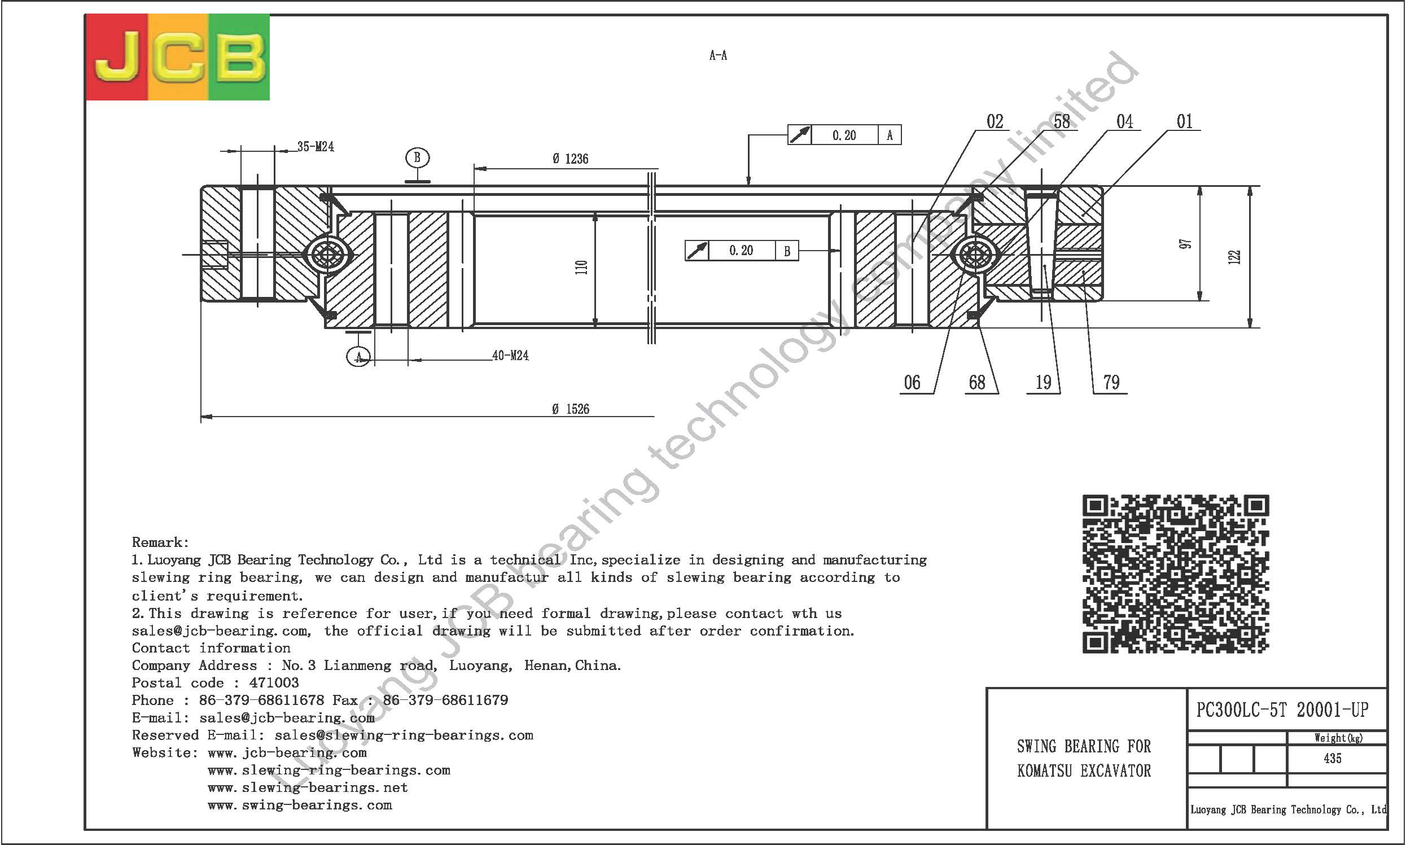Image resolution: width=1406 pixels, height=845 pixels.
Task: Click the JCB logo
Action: [x=178, y=57]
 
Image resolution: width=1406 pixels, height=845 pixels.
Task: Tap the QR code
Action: [x=1176, y=573]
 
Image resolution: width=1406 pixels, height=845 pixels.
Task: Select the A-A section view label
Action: [x=718, y=55]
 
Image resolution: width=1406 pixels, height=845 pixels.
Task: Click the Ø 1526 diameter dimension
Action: [x=571, y=409]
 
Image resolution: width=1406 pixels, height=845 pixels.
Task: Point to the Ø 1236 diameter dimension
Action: [x=571, y=159]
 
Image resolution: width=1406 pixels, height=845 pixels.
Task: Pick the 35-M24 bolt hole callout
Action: [x=316, y=146]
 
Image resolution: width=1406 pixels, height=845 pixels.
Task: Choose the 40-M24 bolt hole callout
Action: [x=510, y=355]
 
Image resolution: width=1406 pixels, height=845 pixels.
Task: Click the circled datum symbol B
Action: [x=417, y=157]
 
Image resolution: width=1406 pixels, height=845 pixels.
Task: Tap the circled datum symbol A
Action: [x=358, y=357]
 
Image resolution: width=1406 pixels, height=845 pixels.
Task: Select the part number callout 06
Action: [x=912, y=382]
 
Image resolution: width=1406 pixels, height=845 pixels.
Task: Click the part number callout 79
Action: [x=1111, y=382]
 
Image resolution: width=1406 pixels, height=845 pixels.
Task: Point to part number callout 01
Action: [x=1185, y=121]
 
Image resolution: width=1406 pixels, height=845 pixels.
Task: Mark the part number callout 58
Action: [x=1062, y=121]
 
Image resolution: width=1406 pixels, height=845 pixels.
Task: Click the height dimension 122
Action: [x=1234, y=257]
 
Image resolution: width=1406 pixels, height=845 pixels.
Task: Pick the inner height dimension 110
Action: [x=581, y=268]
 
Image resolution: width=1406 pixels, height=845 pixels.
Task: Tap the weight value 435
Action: [x=1333, y=758]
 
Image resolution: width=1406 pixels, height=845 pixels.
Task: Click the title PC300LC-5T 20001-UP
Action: [x=1282, y=710]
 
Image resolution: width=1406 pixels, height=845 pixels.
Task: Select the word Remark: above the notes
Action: [x=160, y=542]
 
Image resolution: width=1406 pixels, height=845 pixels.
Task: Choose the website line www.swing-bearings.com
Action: [x=300, y=805]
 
